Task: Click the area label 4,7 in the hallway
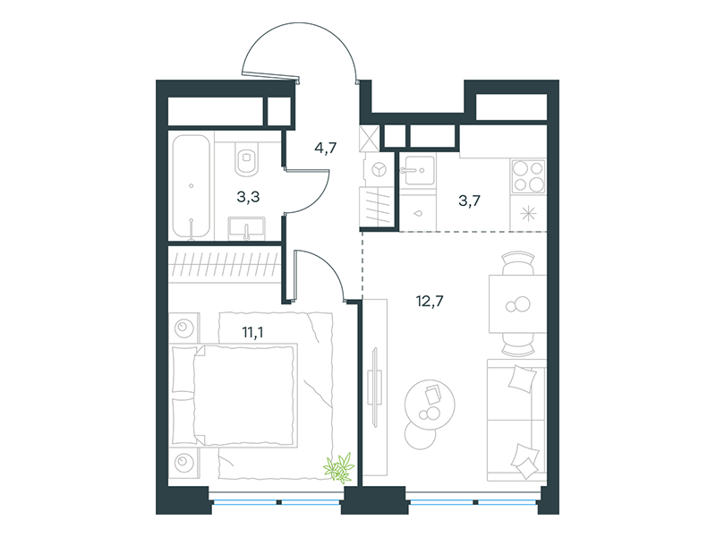326,148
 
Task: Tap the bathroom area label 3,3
249,197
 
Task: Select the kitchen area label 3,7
469,200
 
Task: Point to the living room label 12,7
430,302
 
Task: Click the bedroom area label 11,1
252,332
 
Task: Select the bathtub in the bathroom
191,187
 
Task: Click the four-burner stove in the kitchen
528,176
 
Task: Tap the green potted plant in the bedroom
339,467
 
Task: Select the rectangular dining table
518,303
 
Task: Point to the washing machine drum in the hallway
379,170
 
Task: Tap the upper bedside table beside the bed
184,327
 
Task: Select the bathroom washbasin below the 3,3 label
247,228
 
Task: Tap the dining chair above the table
518,262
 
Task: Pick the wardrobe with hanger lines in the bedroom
225,265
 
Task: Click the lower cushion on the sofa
525,461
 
